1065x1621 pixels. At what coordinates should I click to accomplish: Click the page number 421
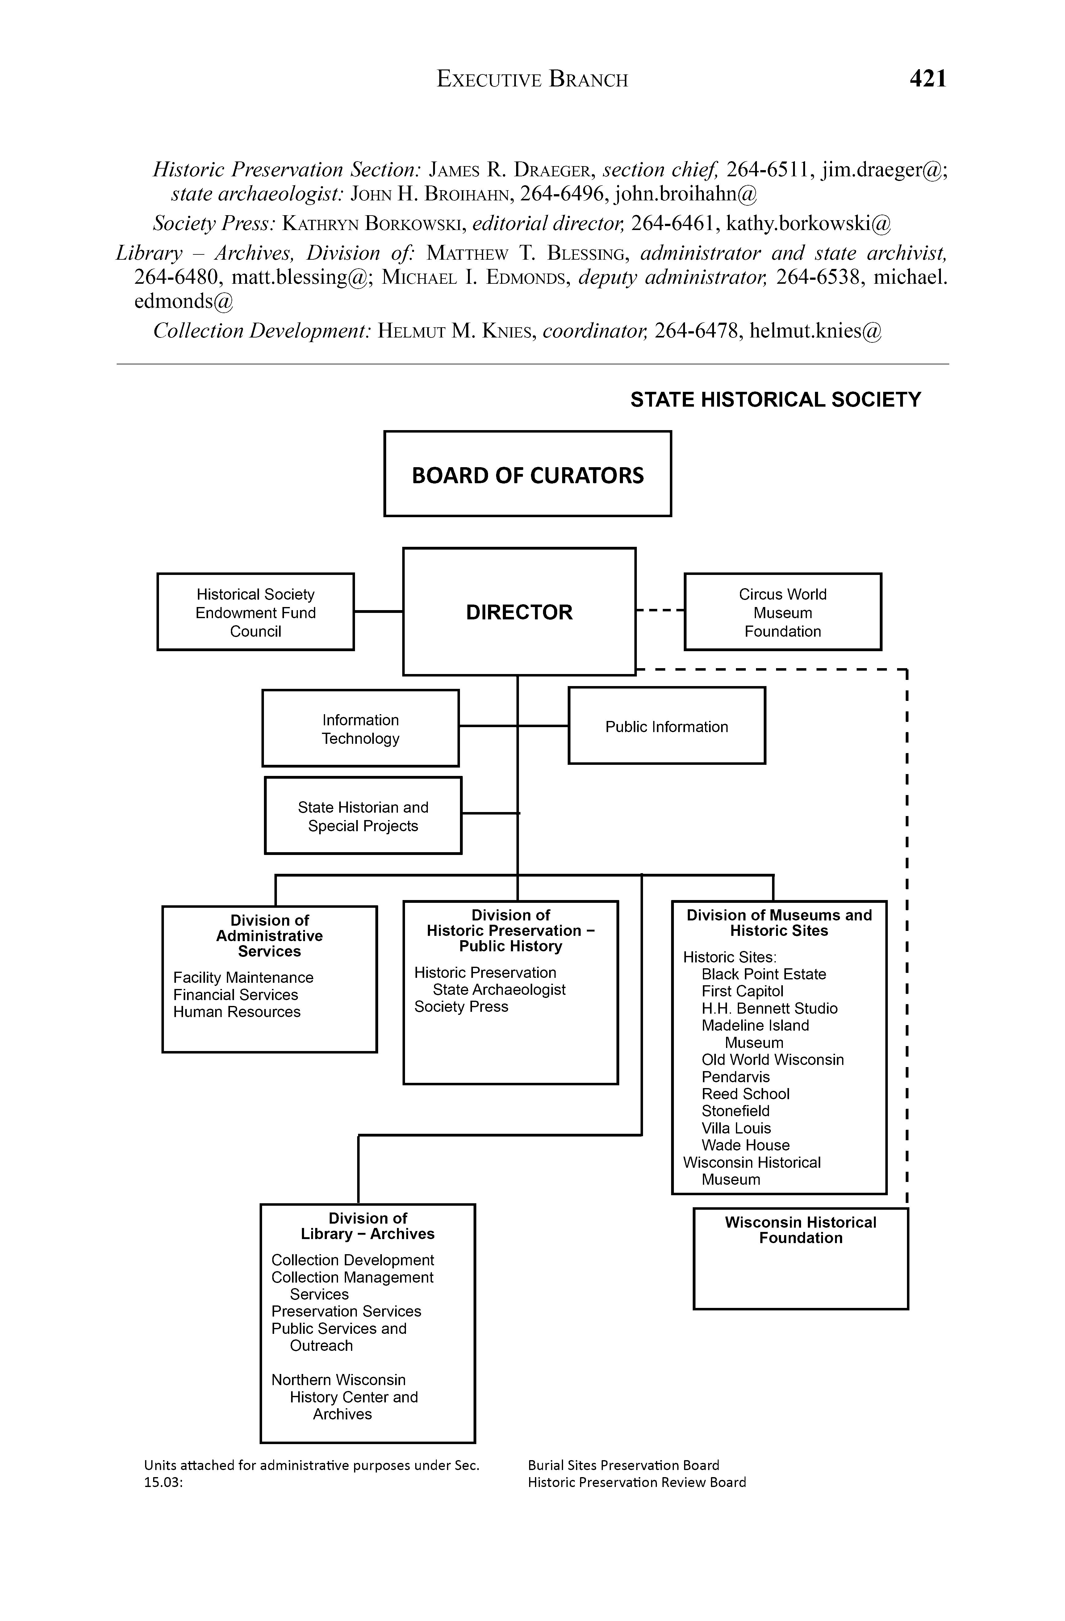(x=927, y=79)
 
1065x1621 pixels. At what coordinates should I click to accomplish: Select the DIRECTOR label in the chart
(x=519, y=612)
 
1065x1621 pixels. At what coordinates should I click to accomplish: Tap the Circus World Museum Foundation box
(x=783, y=612)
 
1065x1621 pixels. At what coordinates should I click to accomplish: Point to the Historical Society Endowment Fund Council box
(x=255, y=612)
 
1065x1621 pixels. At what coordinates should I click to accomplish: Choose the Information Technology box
(x=360, y=729)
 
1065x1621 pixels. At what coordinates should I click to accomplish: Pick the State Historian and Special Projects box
(x=363, y=816)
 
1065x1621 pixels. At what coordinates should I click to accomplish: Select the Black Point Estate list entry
(x=763, y=974)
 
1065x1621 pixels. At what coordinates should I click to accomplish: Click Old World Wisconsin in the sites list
(x=772, y=1060)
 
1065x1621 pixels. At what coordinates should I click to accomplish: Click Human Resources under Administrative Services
(x=236, y=1012)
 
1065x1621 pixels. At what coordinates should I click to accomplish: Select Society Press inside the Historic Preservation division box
(x=461, y=1007)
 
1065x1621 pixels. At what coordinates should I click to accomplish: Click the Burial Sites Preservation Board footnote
(x=623, y=1465)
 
